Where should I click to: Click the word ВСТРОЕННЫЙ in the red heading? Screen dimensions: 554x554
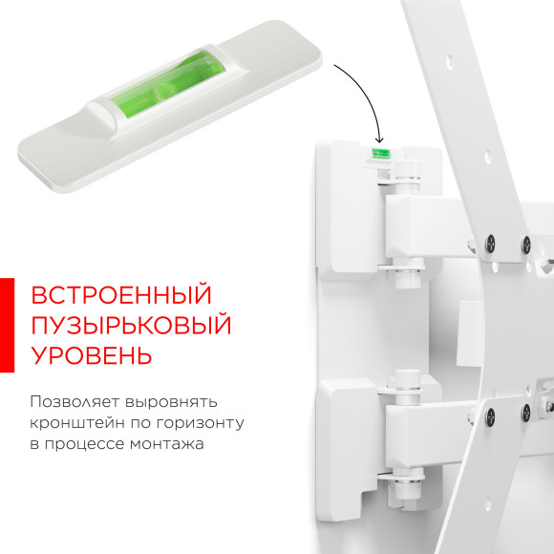tap(120, 294)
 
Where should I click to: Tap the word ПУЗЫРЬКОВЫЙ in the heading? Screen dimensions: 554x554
tap(131, 325)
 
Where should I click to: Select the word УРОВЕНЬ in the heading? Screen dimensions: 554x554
tap(91, 356)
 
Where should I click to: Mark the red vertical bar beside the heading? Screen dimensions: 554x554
tap(7, 326)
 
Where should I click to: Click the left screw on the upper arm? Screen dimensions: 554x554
tap(490, 241)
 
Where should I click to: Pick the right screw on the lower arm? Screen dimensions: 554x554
tap(525, 413)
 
